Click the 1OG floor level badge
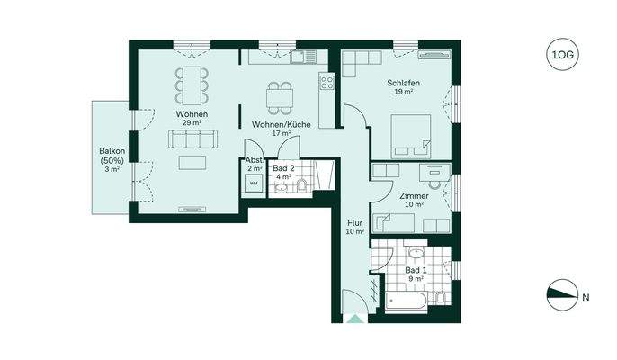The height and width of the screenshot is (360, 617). (x=562, y=54)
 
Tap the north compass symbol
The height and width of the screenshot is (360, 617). (x=562, y=295)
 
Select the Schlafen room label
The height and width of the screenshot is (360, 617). (x=403, y=83)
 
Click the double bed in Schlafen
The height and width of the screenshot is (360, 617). (x=411, y=137)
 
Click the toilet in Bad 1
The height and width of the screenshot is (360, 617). (x=441, y=297)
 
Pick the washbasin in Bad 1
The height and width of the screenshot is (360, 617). (x=416, y=252)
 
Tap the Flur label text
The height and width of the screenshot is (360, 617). (x=354, y=223)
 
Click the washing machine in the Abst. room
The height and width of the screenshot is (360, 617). (x=255, y=184)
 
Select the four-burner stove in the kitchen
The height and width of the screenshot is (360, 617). (x=326, y=82)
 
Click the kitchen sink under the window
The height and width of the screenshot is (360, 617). (x=303, y=57)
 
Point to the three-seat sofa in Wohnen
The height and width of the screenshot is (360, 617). (x=192, y=139)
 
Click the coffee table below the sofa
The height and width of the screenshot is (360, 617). (x=192, y=163)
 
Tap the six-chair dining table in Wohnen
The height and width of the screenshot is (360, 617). (x=192, y=85)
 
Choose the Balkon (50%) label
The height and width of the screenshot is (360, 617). (x=112, y=156)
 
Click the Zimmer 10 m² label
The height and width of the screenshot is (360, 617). (x=414, y=200)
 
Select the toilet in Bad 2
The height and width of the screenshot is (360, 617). (x=302, y=185)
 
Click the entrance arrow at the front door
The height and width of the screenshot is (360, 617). (x=355, y=319)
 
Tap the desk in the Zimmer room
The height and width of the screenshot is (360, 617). (x=434, y=172)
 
